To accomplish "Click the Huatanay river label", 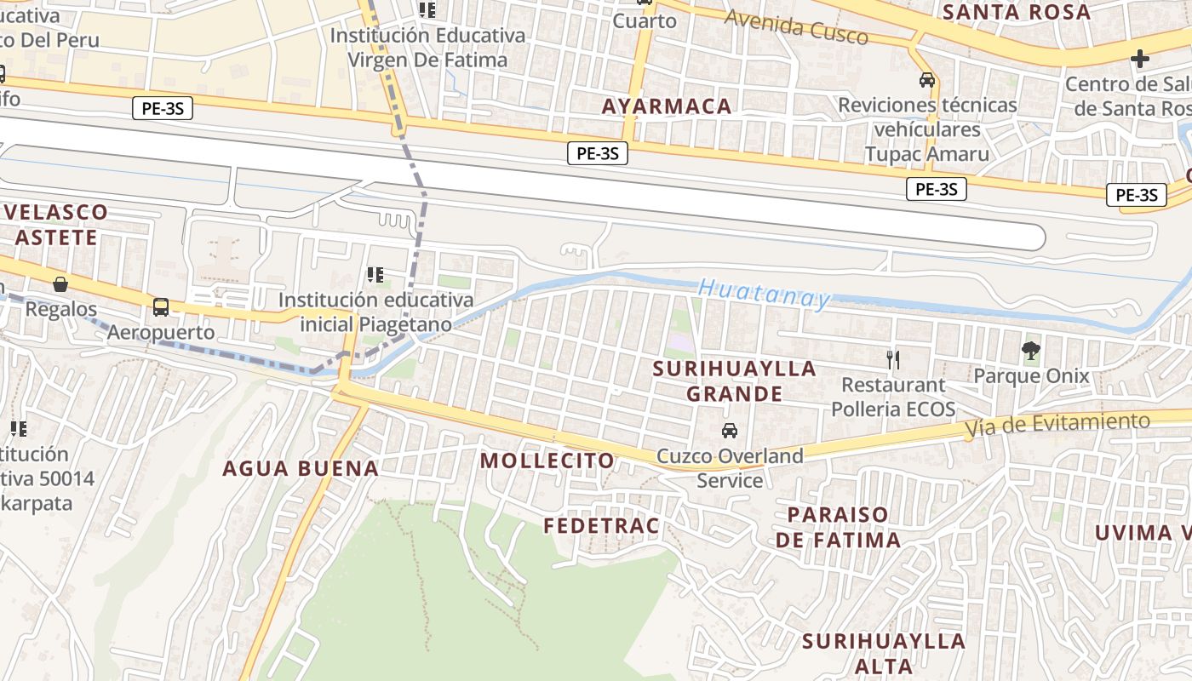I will point(764,294).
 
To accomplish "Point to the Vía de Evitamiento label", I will point(1057,425).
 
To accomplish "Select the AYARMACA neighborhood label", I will point(667,106).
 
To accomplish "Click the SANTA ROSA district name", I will point(1017,12).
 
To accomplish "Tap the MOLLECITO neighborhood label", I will point(547,461).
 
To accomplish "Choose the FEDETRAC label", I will point(601,526).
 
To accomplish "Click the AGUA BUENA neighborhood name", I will point(301,468).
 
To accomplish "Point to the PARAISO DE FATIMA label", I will point(838,527).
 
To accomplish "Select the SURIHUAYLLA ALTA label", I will point(885,653).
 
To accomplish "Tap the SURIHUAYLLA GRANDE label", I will point(734,381).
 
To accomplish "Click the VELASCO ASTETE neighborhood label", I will point(56,224).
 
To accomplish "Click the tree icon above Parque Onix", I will point(1031,350).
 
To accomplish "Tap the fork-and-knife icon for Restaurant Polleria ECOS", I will point(892,359).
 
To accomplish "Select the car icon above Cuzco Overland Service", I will point(730,431).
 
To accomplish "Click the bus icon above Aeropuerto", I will point(160,306).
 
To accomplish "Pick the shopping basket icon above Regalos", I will point(60,283).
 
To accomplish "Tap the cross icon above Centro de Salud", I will point(1140,59).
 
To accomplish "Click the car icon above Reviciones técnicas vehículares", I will point(926,80).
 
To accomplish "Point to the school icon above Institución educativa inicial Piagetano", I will point(375,274).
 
